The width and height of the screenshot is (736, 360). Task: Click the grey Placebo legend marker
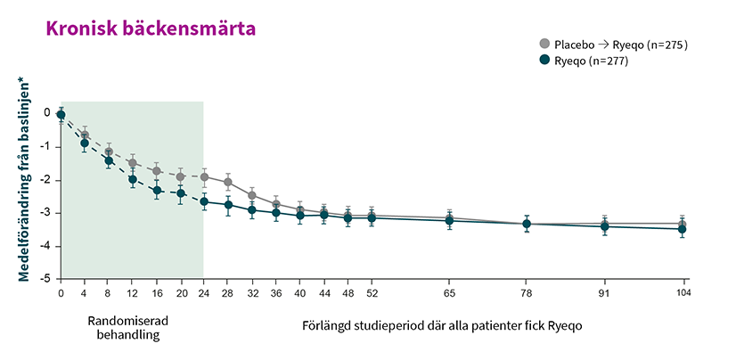[544, 44]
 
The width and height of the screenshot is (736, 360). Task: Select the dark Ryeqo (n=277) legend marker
[544, 61]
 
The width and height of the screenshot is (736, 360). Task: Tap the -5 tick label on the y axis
[45, 279]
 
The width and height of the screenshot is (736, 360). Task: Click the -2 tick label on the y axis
[45, 180]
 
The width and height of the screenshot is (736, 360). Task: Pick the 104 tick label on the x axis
[683, 292]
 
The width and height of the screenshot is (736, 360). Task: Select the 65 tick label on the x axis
[450, 292]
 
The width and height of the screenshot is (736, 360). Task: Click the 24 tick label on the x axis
[204, 292]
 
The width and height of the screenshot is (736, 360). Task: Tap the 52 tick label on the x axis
[372, 292]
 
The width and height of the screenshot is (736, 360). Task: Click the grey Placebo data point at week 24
[204, 176]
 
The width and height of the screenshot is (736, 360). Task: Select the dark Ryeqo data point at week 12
[133, 179]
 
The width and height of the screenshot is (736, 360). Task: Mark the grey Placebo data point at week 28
[228, 182]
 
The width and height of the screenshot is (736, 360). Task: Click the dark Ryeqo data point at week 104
[683, 229]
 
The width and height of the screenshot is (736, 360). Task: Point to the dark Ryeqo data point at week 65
[450, 220]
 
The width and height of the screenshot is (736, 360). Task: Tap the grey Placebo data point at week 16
[157, 170]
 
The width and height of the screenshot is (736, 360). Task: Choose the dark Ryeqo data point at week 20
[180, 192]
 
